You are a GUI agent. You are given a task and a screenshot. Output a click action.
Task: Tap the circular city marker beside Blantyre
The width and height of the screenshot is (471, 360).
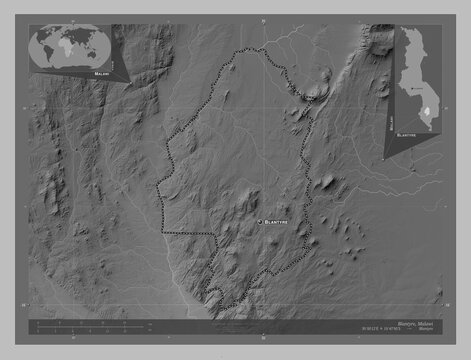[260, 219]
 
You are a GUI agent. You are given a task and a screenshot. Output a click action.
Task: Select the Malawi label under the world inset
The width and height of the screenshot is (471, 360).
[101, 73]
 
